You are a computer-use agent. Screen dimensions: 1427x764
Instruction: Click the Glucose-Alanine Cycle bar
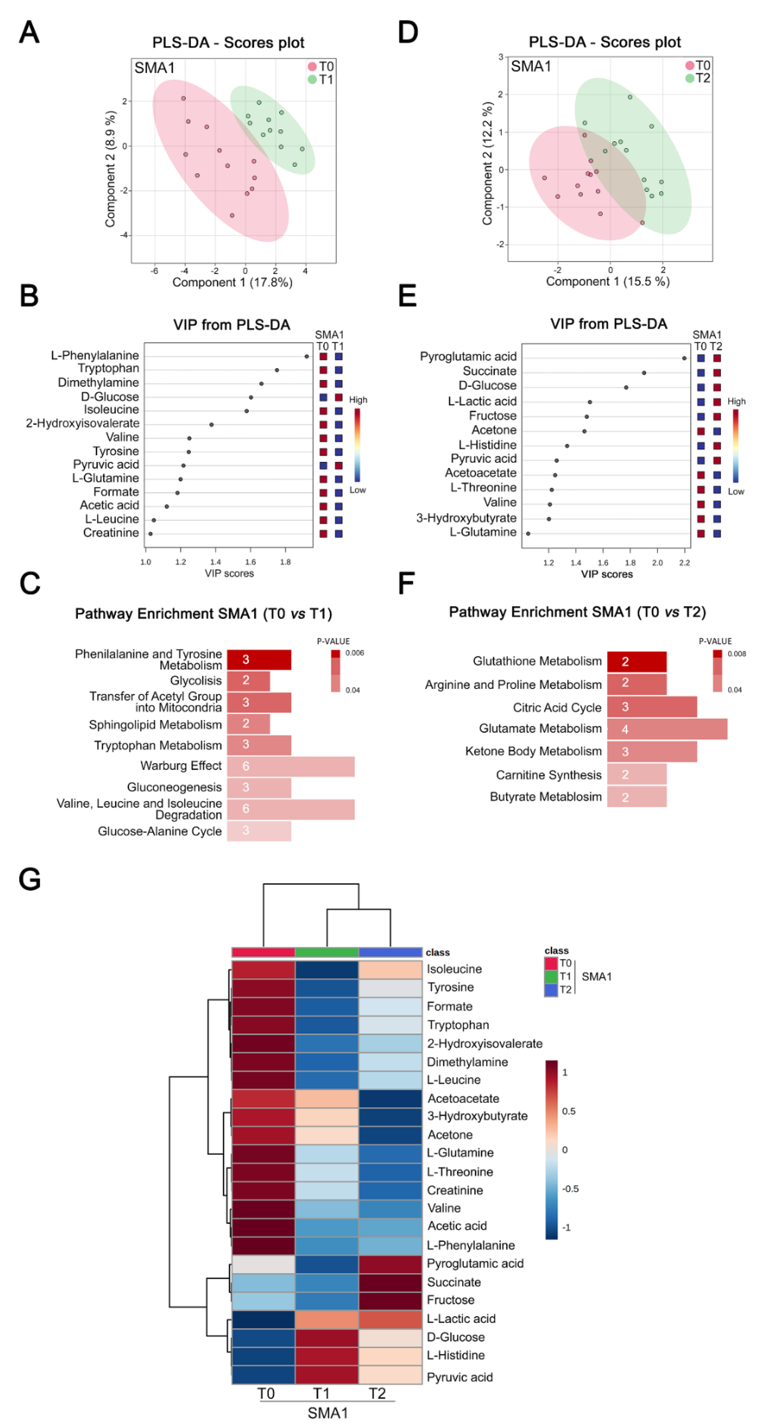(x=259, y=831)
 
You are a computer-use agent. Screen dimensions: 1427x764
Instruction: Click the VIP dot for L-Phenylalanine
(x=306, y=356)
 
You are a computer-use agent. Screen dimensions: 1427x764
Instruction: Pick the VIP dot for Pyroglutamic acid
(x=684, y=358)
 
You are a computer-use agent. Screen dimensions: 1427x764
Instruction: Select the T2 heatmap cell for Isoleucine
(x=390, y=969)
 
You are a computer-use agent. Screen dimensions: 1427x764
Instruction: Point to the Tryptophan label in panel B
(x=109, y=368)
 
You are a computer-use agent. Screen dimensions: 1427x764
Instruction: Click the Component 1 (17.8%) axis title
(x=232, y=283)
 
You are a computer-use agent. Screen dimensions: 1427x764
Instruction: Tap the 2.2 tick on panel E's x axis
(x=684, y=563)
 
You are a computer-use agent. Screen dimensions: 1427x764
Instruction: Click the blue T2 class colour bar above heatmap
(x=390, y=952)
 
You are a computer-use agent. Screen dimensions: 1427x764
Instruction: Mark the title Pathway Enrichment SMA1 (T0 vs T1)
(x=203, y=614)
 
